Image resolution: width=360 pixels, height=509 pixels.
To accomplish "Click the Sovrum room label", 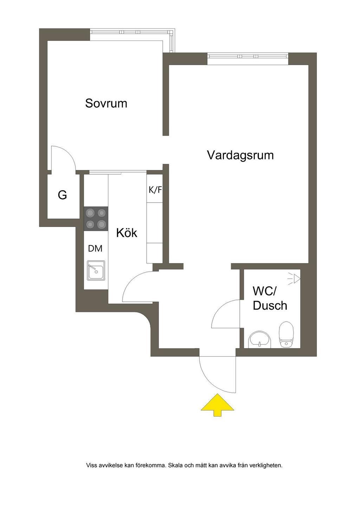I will click(x=106, y=103).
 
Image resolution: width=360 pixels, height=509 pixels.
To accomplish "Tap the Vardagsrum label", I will click(x=240, y=155).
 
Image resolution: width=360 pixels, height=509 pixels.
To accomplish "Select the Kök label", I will click(x=127, y=233).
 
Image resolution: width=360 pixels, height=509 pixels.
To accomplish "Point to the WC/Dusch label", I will click(x=270, y=298).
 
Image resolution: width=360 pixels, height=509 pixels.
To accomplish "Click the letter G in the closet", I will click(x=62, y=195).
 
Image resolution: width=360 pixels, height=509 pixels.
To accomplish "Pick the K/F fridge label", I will click(x=155, y=190).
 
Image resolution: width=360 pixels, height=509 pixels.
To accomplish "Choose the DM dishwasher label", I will click(x=95, y=248).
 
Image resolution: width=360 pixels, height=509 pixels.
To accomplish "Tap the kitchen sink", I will click(x=96, y=270).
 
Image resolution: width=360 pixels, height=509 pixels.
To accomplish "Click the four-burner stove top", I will click(x=96, y=218).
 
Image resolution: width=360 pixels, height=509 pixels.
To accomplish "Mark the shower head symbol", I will click(x=294, y=279).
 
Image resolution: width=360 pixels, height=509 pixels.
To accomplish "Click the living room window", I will click(x=247, y=56).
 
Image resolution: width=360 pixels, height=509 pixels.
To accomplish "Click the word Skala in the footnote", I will click(x=176, y=465).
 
